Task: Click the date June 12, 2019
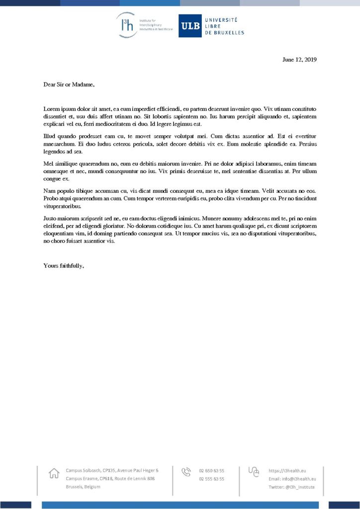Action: click(299, 60)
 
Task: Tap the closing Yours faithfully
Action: click(64, 265)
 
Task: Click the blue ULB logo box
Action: click(190, 26)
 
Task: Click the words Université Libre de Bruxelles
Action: click(225, 26)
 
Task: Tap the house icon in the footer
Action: click(54, 474)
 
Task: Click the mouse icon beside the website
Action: click(254, 472)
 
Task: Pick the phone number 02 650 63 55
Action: click(211, 470)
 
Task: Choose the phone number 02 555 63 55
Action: click(211, 479)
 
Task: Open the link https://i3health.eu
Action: click(287, 470)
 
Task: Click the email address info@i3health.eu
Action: click(292, 479)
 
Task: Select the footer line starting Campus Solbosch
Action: click(112, 470)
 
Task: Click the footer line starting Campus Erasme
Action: click(110, 479)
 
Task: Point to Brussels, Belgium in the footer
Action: click(83, 487)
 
